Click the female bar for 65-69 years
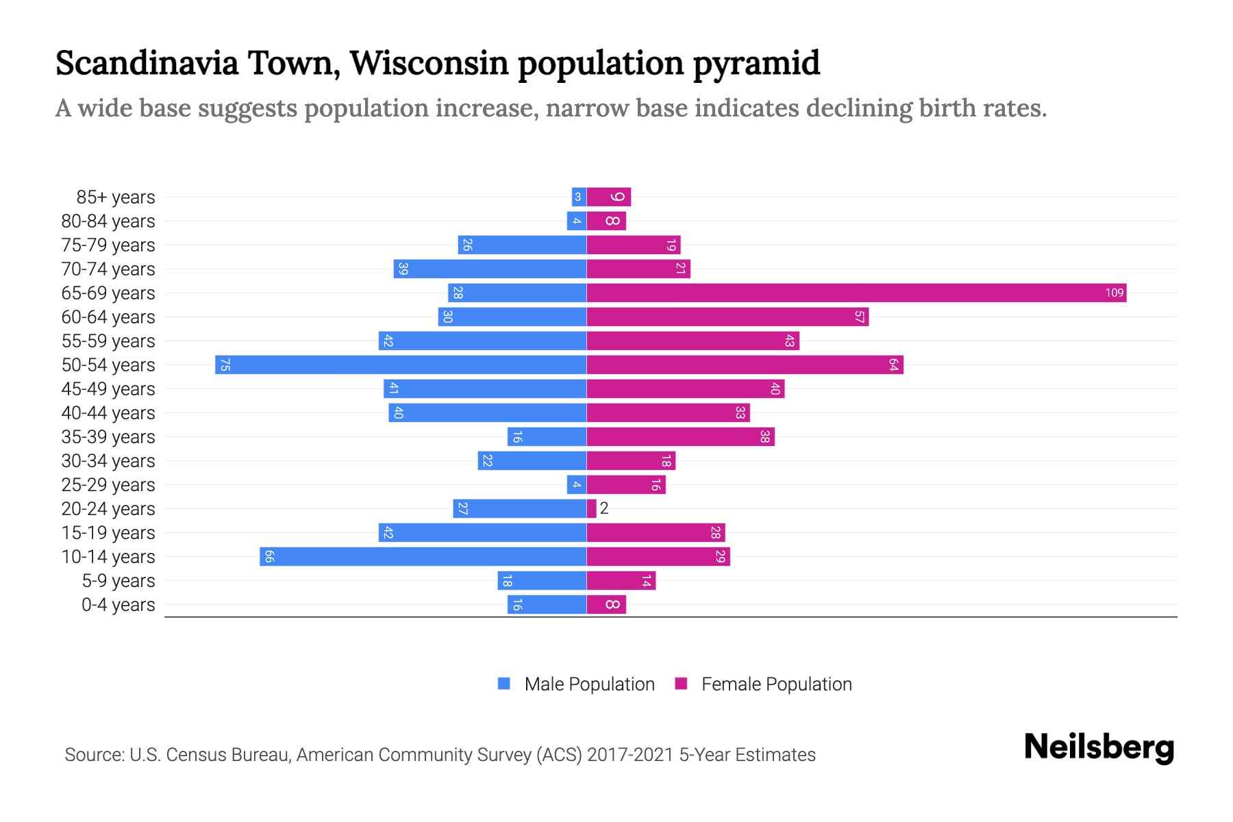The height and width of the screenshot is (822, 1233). point(856,293)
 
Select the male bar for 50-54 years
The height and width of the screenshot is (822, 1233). point(401,365)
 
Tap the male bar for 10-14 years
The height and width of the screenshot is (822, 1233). point(423,557)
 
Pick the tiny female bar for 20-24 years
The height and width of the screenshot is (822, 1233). point(591,509)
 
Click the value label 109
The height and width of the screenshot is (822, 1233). point(1114,293)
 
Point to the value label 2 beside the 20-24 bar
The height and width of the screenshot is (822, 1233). point(604,509)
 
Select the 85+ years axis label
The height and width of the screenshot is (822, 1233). point(116,197)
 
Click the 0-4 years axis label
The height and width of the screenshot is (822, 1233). point(118,605)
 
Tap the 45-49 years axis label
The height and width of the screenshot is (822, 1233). point(108,389)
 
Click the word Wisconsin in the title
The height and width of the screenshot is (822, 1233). point(429,63)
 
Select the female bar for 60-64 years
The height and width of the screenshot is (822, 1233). point(727,317)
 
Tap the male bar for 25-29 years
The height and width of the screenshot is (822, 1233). point(577,485)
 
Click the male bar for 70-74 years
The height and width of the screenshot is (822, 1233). point(490,269)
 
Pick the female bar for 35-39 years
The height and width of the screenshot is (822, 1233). point(680,437)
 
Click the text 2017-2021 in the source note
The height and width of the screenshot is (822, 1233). point(630,755)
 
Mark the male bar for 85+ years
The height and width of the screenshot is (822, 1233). point(579,197)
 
